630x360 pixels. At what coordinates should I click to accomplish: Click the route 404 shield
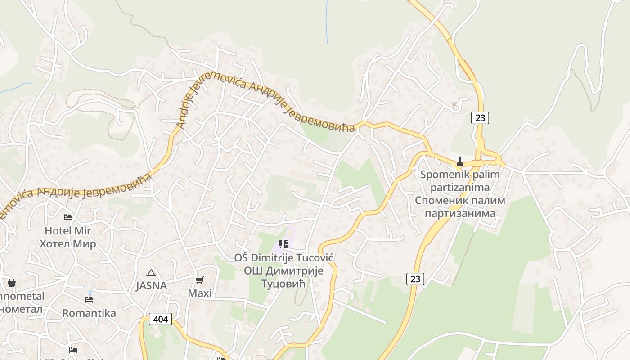pos(160,319)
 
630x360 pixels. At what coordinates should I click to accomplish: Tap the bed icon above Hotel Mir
pos(68,217)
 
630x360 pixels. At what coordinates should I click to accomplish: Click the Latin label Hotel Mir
pos(67,231)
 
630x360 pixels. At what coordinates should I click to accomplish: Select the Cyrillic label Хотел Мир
pos(67,244)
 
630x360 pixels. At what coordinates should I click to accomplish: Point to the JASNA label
pos(151,286)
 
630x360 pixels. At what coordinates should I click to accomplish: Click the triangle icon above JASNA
pos(151,272)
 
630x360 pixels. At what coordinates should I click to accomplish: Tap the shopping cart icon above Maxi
pos(200,280)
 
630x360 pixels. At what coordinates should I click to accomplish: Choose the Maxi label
pos(200,293)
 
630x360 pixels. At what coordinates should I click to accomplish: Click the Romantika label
pos(89,313)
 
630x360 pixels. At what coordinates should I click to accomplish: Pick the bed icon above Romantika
pos(89,299)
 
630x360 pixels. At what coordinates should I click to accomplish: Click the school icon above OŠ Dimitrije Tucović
pos(283,244)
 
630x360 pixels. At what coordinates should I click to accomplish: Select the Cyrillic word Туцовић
pos(283,284)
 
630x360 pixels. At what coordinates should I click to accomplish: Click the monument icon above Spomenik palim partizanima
pos(460,161)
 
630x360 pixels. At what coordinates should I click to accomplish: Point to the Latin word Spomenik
pos(441,174)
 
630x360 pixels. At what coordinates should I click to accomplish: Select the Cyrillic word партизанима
pos(460,213)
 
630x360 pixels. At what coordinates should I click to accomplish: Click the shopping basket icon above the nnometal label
pos(12,283)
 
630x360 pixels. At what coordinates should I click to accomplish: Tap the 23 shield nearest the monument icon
pos(480,118)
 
